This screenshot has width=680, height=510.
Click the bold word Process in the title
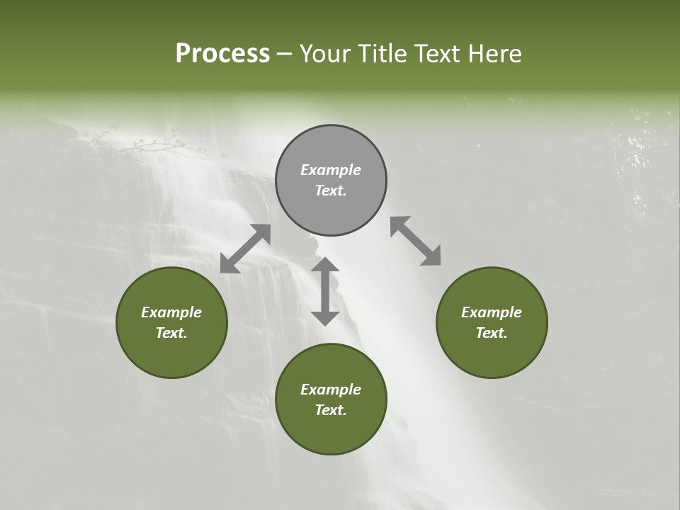click(x=222, y=54)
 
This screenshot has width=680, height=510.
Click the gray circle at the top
click(x=331, y=180)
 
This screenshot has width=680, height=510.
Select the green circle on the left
click(x=171, y=322)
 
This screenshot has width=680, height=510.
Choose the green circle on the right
click(x=492, y=322)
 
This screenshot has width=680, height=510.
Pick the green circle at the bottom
click(x=331, y=399)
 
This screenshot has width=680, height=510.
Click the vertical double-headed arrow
click(x=325, y=291)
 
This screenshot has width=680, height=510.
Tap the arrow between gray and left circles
click(x=246, y=248)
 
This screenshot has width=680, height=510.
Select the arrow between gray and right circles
click(x=415, y=241)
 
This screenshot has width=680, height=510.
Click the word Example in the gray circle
click(x=331, y=170)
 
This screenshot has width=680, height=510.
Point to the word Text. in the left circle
click(x=171, y=333)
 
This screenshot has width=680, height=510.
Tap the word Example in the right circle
click(x=492, y=312)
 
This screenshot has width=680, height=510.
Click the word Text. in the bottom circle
click(x=331, y=410)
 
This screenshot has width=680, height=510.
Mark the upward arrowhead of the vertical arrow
click(x=325, y=263)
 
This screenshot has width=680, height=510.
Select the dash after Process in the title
click(x=284, y=54)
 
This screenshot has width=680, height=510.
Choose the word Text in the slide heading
click(x=435, y=54)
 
